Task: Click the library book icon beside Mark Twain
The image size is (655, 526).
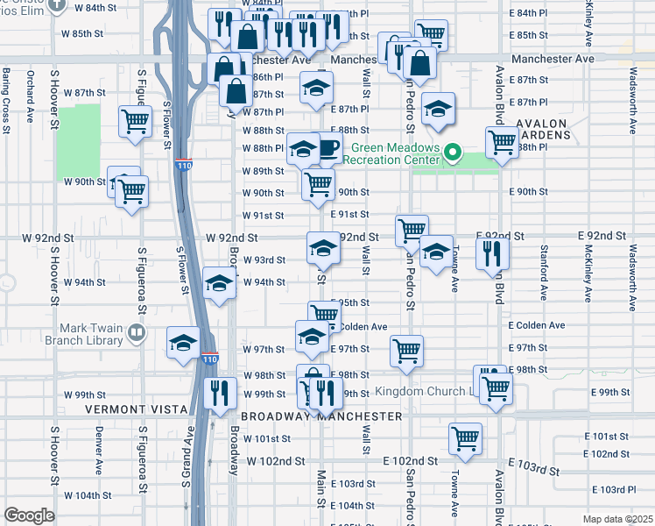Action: click(x=136, y=332)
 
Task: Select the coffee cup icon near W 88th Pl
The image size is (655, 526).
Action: click(x=327, y=147)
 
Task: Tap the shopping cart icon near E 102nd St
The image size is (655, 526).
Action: click(x=465, y=437)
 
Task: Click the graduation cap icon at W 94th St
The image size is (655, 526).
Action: click(x=219, y=283)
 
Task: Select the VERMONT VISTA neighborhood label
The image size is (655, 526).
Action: click(x=136, y=409)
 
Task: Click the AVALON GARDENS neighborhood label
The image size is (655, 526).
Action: click(x=543, y=130)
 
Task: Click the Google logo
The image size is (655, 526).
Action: click(x=29, y=515)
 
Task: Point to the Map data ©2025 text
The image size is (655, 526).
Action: click(x=617, y=519)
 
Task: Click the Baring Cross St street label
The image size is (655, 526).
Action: click(x=6, y=100)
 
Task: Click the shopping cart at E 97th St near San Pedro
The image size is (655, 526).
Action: click(x=406, y=350)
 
